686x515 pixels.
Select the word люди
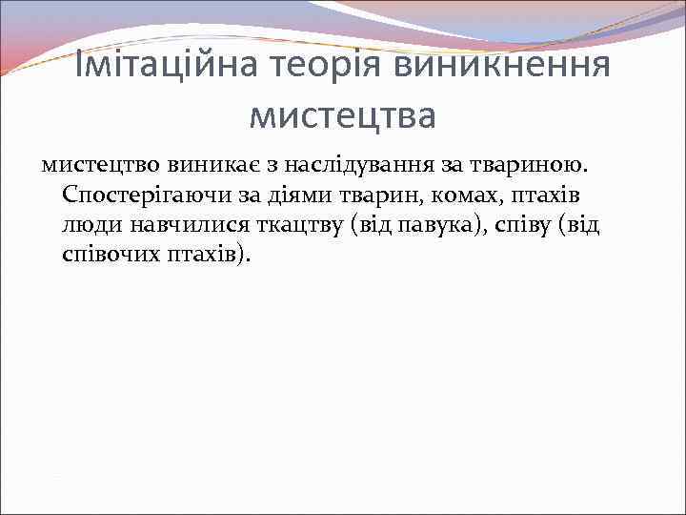point(89,225)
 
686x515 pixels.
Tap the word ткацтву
point(299,225)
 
